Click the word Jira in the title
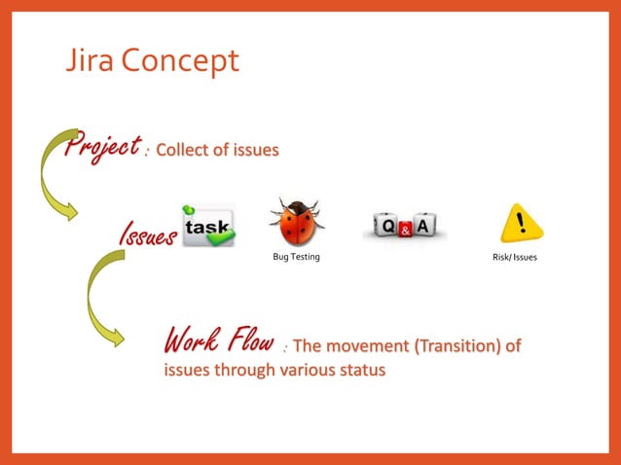point(86,61)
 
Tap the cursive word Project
point(99,147)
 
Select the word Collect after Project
point(184,150)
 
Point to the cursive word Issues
point(146,233)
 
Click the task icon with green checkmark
point(207,226)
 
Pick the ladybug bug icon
point(296,223)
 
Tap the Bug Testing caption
point(296,257)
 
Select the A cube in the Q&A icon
point(424,227)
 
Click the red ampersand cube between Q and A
point(406,230)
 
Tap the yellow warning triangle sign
point(522,224)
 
